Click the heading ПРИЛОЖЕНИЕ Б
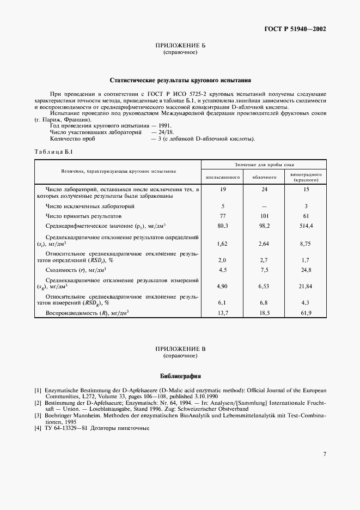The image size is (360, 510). (180, 46)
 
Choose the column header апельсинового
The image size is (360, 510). (222, 178)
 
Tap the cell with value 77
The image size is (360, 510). (222, 216)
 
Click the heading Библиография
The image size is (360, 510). (180, 376)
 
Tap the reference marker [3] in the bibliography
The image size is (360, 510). (38, 415)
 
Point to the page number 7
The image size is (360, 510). (324, 454)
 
